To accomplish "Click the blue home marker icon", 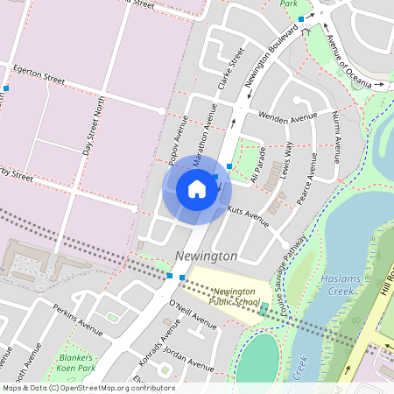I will (197, 189).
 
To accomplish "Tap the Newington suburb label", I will (206, 256).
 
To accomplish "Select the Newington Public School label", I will (236, 295).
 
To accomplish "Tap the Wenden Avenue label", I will (288, 116).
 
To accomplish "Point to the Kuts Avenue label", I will (248, 213).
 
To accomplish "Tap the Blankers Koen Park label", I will (75, 363).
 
